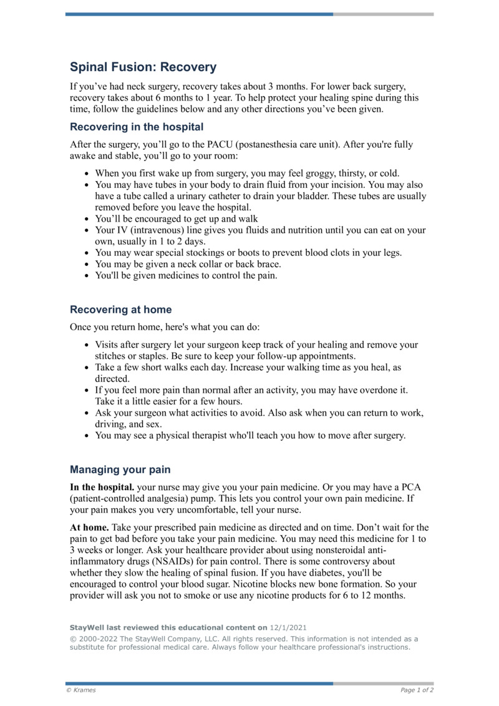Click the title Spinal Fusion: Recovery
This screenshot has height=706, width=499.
coord(143,67)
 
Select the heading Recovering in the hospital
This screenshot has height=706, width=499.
coord(137,127)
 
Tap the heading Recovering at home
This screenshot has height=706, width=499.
coord(120,310)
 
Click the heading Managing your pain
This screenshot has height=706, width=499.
coord(120,469)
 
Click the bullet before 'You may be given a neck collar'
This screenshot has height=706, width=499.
coord(87,265)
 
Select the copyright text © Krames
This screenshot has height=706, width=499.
coord(81,690)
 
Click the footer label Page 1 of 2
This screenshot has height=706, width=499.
coord(417,690)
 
